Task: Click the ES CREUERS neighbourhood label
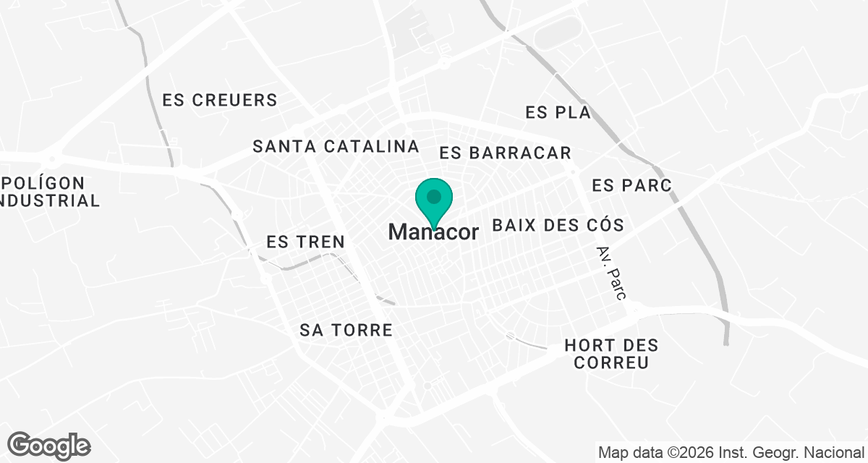pos(220,100)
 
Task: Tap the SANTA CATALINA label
pos(336,146)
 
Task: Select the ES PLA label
pos(558,113)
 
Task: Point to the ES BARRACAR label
pos(506,153)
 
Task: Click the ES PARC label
pos(631,186)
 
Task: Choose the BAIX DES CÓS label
pos(558,225)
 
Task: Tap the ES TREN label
pos(305,242)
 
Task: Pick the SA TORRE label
pos(346,331)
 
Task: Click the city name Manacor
pos(433,232)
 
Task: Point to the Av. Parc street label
pos(611,273)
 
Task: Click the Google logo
pos(48,446)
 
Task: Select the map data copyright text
pos(731,453)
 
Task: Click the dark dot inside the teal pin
pos(433,196)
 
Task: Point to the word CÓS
pos(603,225)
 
